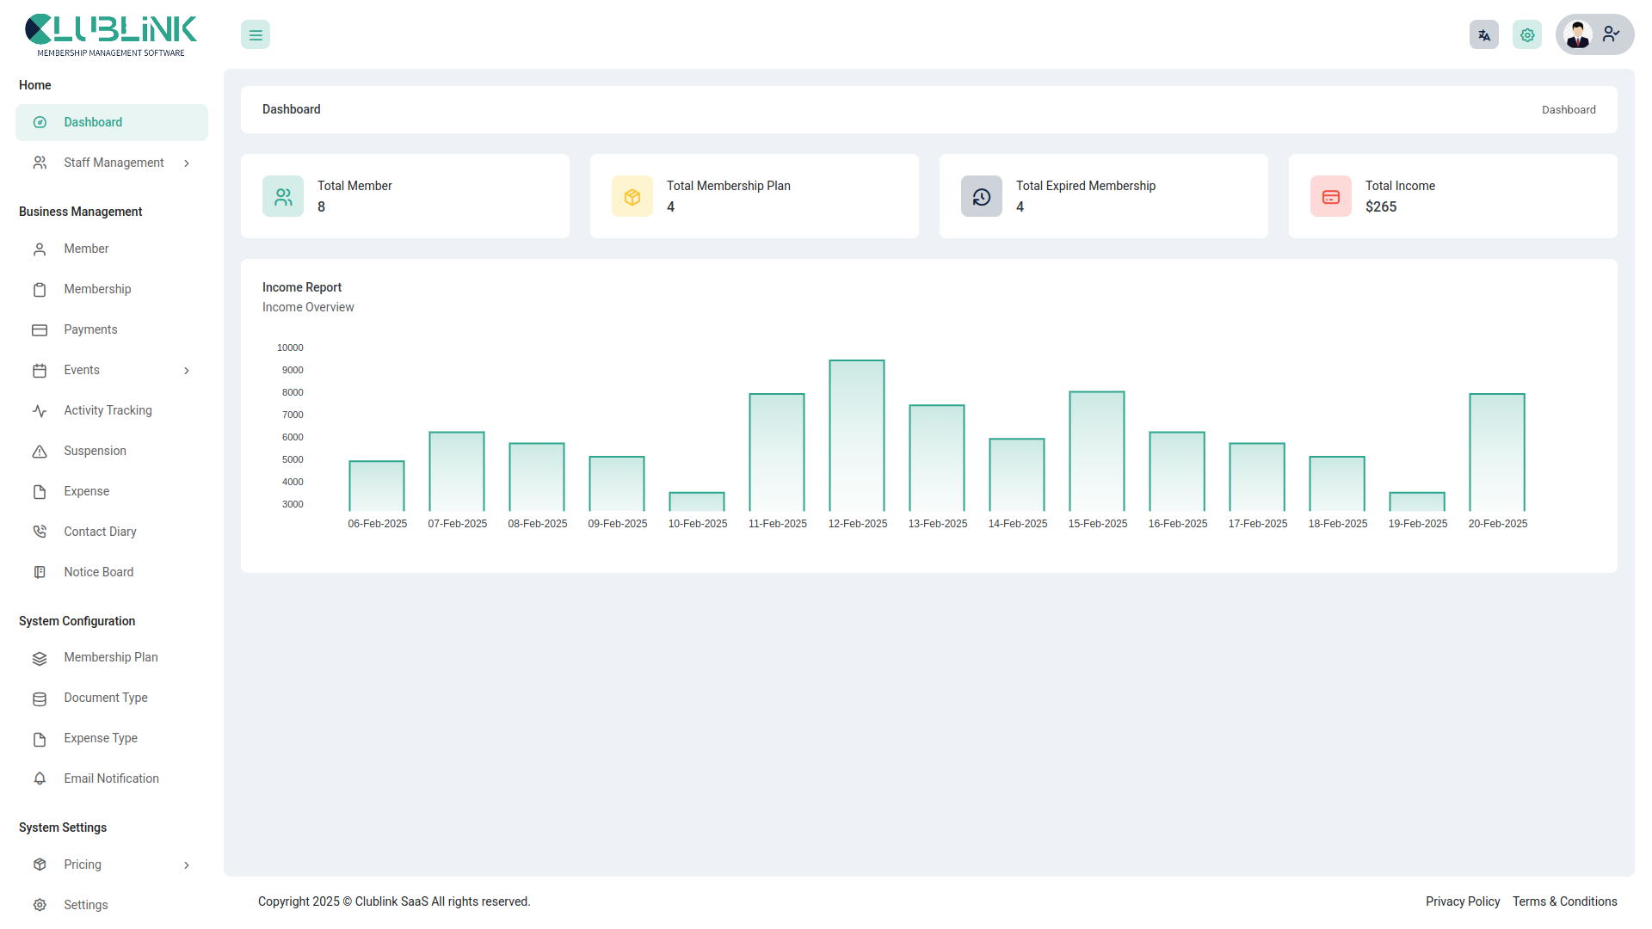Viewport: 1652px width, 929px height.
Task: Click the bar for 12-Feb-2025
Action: (x=857, y=436)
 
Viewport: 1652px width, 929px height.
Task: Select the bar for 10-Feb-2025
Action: (x=697, y=502)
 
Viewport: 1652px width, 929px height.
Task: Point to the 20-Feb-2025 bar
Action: (x=1497, y=452)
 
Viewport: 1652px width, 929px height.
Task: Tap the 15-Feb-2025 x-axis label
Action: (x=1098, y=524)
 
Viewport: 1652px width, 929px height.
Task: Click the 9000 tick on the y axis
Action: (x=293, y=371)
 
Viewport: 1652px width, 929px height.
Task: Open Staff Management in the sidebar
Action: (x=114, y=163)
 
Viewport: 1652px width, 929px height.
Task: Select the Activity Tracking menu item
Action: (x=108, y=410)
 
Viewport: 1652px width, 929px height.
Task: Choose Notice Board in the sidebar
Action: (x=98, y=572)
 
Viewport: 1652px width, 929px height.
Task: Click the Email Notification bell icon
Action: (x=40, y=779)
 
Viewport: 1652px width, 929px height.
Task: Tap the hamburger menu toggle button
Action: (x=256, y=35)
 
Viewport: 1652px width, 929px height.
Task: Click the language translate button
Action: (x=1484, y=35)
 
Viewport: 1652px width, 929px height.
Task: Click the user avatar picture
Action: (x=1578, y=35)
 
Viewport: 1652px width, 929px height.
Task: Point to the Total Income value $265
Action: (x=1381, y=207)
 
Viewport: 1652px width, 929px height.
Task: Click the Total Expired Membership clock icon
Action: (x=982, y=197)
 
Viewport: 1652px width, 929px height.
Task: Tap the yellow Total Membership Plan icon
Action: (x=632, y=197)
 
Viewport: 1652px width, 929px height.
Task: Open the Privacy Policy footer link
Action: (x=1463, y=901)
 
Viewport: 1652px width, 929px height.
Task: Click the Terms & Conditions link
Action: (x=1565, y=901)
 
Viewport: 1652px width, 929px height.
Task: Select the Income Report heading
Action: (x=302, y=287)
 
